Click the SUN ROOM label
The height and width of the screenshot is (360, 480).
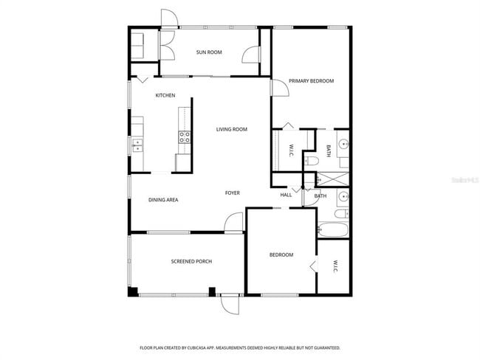point(209,52)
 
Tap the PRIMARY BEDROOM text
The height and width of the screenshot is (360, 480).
point(311,81)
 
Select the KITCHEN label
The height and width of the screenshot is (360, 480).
point(165,96)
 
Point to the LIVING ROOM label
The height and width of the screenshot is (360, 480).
point(231,130)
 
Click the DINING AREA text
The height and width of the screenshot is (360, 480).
point(163,200)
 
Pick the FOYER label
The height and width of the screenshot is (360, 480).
point(233,193)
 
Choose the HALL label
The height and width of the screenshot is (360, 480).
point(286,195)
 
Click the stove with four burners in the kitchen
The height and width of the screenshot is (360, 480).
point(184,136)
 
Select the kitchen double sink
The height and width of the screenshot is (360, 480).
point(137,146)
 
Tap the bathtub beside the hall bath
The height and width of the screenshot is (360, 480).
point(334,230)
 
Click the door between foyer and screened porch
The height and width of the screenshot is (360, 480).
point(235,221)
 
